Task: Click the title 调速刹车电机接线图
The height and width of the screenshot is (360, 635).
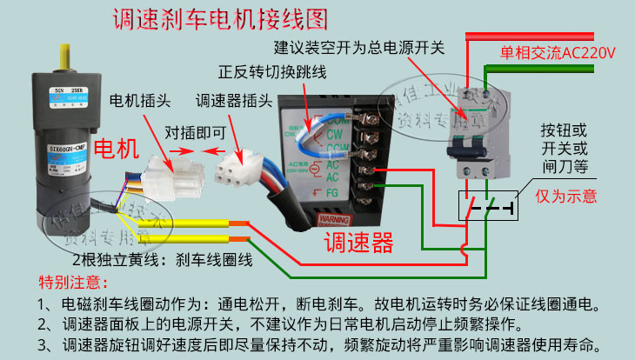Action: pyautogui.click(x=222, y=19)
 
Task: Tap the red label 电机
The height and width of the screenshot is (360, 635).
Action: pyautogui.click(x=115, y=149)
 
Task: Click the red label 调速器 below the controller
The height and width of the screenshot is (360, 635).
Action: pyautogui.click(x=358, y=241)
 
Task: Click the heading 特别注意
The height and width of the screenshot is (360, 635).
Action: pyautogui.click(x=74, y=283)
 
